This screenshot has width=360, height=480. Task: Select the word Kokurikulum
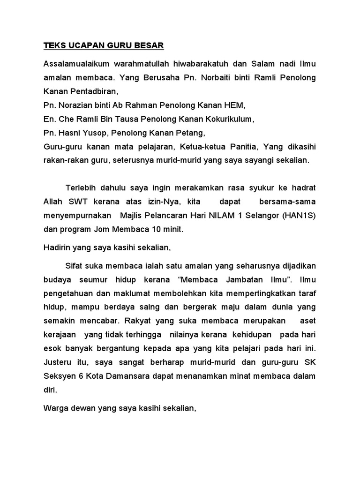click(226, 119)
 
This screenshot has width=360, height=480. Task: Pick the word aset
click(306, 322)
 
